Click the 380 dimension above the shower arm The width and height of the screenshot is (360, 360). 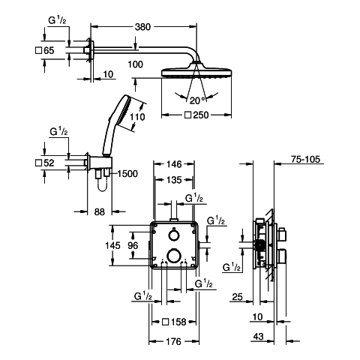coord(142,27)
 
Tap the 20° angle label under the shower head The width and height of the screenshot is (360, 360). coord(197,100)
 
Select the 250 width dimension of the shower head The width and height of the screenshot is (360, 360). coord(196,115)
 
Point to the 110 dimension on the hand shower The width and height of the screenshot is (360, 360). coord(137,117)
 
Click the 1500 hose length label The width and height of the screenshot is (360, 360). coord(127,174)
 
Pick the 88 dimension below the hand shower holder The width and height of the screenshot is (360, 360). coord(100,212)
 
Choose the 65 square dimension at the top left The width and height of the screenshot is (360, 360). coord(45,50)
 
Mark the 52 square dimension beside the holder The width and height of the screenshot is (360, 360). coord(45,163)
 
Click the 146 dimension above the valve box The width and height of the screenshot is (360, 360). coord(174,164)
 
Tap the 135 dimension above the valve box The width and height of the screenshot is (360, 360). coord(174,180)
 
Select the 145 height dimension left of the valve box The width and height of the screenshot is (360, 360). coord(112,245)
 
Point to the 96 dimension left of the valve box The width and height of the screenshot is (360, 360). coord(133,245)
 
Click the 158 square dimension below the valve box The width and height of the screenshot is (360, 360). coord(174,322)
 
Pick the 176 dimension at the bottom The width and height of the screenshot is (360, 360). coord(173,341)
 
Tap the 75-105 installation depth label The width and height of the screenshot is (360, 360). coord(305,159)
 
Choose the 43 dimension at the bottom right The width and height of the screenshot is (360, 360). coord(258,337)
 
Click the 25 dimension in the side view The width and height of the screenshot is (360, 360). coord(238,297)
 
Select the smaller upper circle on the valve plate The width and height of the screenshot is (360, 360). coord(173,235)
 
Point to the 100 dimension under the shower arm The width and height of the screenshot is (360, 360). coord(136,64)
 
